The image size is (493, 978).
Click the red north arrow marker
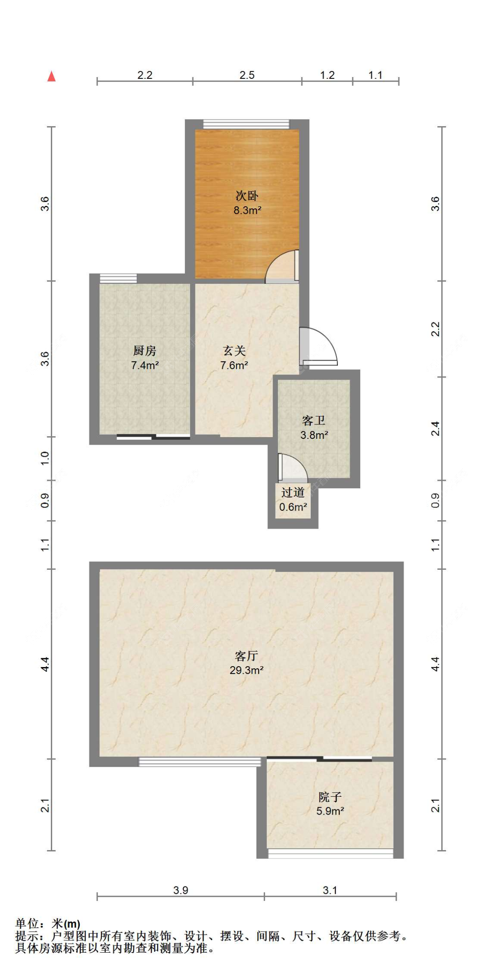[x=52, y=77]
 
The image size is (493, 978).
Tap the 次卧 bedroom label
[x=247, y=196]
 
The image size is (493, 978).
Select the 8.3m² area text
[x=247, y=210]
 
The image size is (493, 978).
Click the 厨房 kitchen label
[x=145, y=350]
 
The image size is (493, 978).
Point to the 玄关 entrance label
[x=234, y=350]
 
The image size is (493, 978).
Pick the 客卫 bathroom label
[x=314, y=420]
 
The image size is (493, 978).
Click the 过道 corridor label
[x=293, y=492]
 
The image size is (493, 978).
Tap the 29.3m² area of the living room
[x=246, y=670]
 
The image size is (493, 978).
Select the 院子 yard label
[x=330, y=797]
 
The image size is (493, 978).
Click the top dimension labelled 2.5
[x=247, y=75]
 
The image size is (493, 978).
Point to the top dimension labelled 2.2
[x=145, y=75]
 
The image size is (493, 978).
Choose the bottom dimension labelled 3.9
[x=181, y=890]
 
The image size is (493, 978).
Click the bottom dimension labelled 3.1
[x=330, y=890]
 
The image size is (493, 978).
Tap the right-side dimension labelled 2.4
[x=435, y=428]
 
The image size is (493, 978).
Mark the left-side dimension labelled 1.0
[x=45, y=458]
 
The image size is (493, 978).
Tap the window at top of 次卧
[x=246, y=124]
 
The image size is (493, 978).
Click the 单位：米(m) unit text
[x=48, y=924]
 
